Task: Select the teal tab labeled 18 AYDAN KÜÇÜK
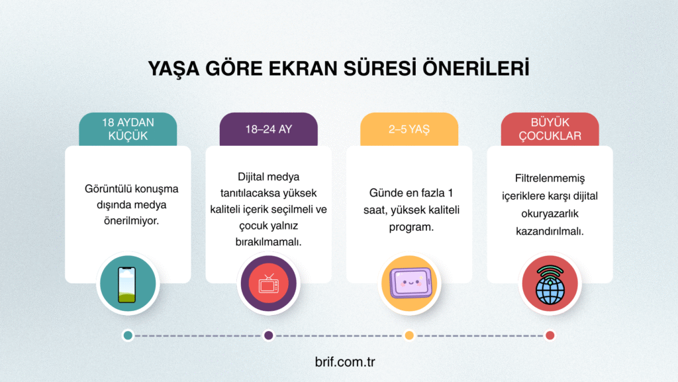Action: pos(128,129)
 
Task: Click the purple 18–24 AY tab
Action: pos(268,129)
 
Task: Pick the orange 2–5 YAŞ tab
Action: pos(409,129)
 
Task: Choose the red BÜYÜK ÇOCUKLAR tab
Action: pos(550,129)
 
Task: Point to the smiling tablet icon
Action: pos(409,284)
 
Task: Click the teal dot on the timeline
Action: pos(128,336)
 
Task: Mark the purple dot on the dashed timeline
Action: pos(269,336)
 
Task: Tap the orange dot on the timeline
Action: pos(409,336)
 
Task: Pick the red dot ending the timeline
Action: pos(550,336)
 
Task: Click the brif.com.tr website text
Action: pos(338,363)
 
